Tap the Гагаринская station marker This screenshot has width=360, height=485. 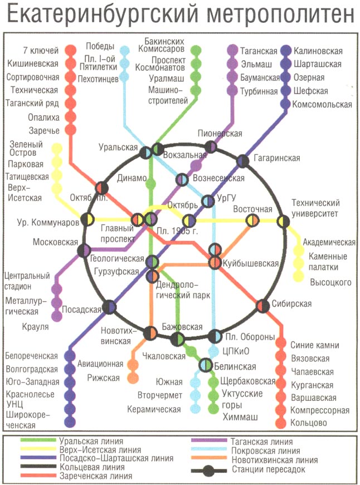242,161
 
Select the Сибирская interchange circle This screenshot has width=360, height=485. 262,305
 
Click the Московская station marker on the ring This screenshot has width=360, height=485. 84,251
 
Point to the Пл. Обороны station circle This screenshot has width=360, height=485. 215,336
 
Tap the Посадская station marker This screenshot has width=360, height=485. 110,306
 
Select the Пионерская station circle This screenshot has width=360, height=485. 211,146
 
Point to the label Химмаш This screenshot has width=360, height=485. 237,417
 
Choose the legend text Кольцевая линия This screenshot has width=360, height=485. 89,467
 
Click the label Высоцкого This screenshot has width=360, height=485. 331,282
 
